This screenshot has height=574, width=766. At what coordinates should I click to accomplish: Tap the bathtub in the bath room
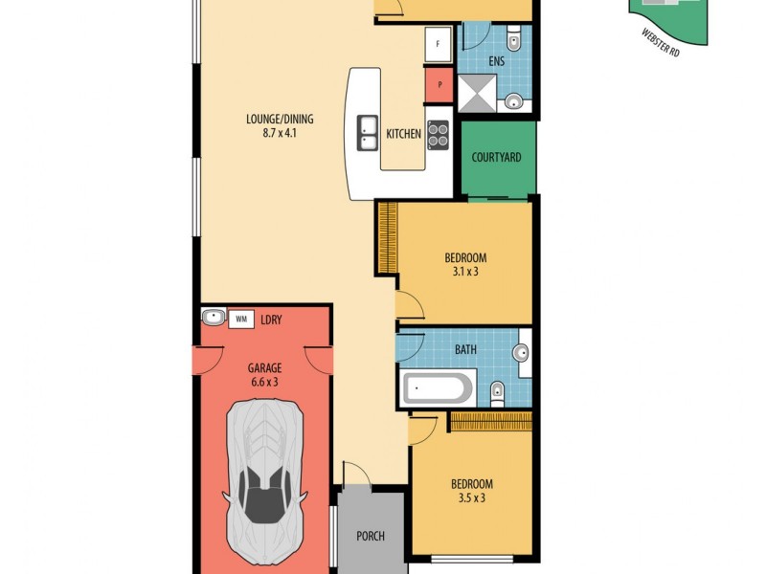coord(438,389)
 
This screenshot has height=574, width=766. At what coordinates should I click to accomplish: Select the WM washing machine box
coord(241,319)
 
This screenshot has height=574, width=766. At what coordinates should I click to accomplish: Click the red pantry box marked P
coord(439,83)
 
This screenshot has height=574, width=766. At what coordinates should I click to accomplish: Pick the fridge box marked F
coord(439,44)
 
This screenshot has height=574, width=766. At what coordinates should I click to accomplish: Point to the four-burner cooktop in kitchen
coord(438,135)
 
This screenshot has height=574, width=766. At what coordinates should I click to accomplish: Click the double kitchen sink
coord(368,134)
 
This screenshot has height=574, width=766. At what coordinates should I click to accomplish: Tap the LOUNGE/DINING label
coord(280,120)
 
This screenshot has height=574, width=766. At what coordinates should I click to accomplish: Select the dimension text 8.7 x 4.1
coord(280,134)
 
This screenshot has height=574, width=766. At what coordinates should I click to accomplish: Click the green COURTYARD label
coord(498,157)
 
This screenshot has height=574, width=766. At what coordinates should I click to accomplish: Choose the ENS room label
coord(496,61)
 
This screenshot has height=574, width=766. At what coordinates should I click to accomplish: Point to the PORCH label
coord(370,537)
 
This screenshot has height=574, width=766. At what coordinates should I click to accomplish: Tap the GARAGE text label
coord(264,367)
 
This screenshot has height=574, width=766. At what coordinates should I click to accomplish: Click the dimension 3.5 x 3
coord(472,497)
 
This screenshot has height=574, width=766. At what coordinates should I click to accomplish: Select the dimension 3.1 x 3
coord(465,272)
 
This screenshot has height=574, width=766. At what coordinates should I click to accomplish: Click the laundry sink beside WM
coord(213,318)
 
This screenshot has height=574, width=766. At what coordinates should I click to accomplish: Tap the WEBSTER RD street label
coord(661,44)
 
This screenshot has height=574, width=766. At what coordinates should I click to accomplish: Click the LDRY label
coord(271,320)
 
